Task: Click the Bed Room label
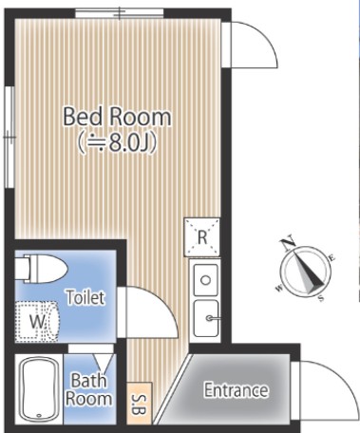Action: point(117,117)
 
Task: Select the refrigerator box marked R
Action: point(202,236)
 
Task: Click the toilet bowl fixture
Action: point(41,269)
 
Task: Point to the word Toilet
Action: point(85,297)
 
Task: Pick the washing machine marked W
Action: point(37,321)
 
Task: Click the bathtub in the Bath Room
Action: point(39,389)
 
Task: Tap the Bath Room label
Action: point(88,389)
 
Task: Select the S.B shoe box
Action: point(140,404)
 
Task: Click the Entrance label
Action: point(236,390)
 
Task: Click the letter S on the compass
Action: point(321,298)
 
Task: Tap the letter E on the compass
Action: point(332,257)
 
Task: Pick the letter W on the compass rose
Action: point(279,288)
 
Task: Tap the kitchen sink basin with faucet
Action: point(206,318)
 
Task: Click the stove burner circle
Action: point(206,280)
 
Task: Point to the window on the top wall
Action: point(120,13)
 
